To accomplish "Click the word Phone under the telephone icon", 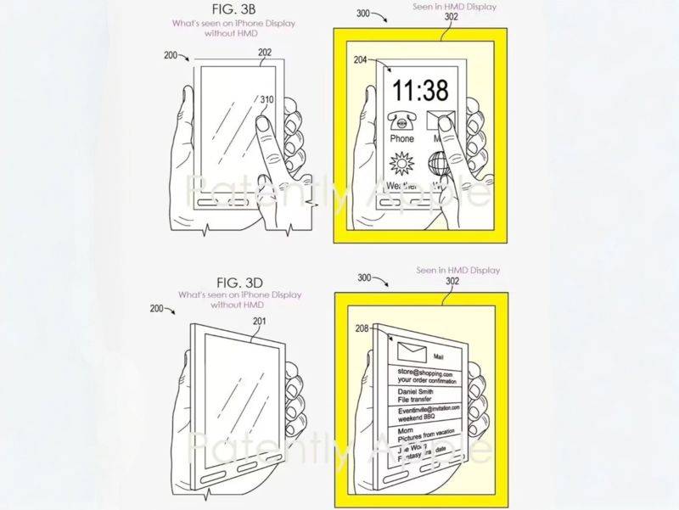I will pyautogui.click(x=401, y=138).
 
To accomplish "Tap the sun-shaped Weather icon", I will pyautogui.click(x=401, y=164).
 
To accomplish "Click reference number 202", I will pyautogui.click(x=265, y=51).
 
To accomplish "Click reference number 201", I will pyautogui.click(x=259, y=320).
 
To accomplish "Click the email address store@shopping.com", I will pyautogui.click(x=420, y=373).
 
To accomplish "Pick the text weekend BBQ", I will pyautogui.click(x=412, y=418).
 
